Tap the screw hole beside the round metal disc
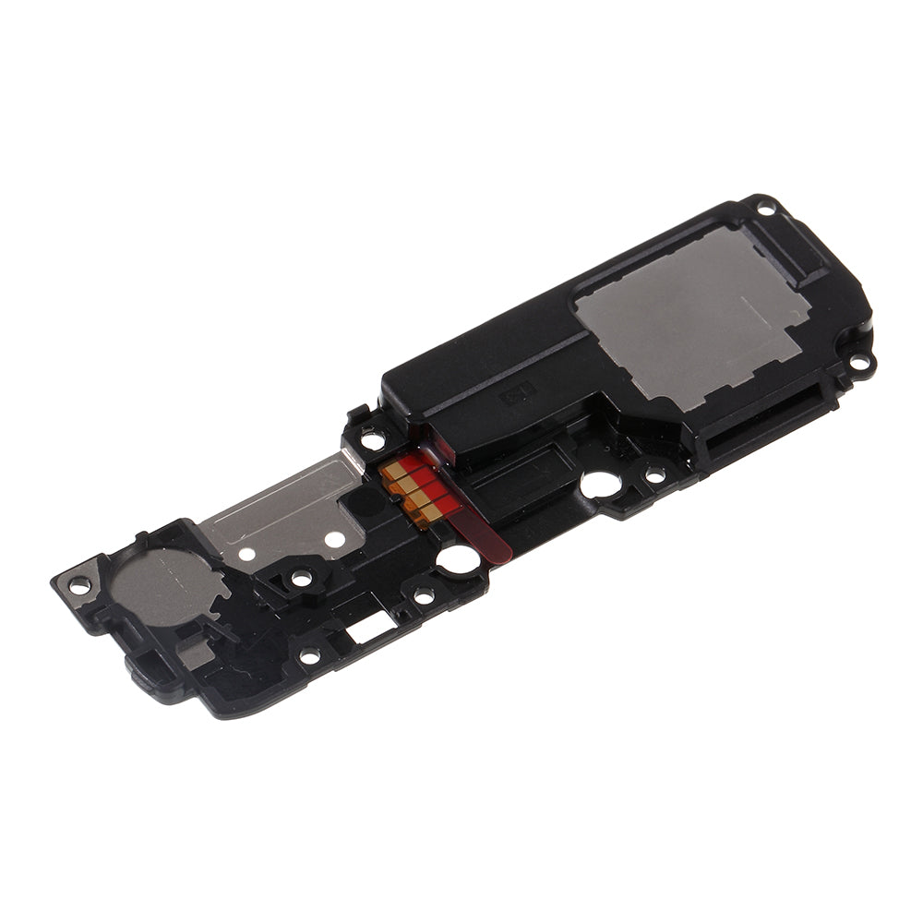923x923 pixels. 80,584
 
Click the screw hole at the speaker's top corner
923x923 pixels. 765,208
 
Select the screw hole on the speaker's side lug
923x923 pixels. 860,364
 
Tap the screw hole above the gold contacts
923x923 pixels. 373,440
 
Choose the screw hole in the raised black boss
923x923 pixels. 301,578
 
